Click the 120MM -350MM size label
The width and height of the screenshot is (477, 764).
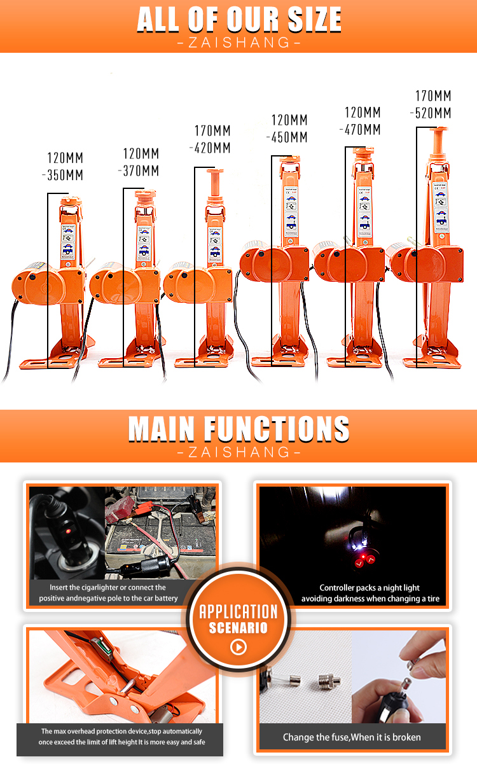[65, 167]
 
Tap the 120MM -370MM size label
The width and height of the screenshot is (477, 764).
[140, 162]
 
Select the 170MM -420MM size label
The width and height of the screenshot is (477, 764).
[211, 139]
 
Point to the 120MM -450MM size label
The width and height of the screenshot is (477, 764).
[288, 128]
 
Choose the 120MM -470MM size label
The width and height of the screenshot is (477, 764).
[362, 121]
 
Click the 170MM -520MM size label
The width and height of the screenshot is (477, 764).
[432, 105]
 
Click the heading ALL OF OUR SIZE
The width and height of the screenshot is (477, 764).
[238, 20]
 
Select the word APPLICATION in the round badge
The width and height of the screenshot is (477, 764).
[238, 612]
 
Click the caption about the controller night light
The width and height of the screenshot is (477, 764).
[370, 593]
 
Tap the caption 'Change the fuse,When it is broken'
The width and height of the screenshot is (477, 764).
[352, 737]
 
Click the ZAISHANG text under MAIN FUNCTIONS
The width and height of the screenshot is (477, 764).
[238, 452]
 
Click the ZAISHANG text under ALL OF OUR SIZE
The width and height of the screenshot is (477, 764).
[238, 43]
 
